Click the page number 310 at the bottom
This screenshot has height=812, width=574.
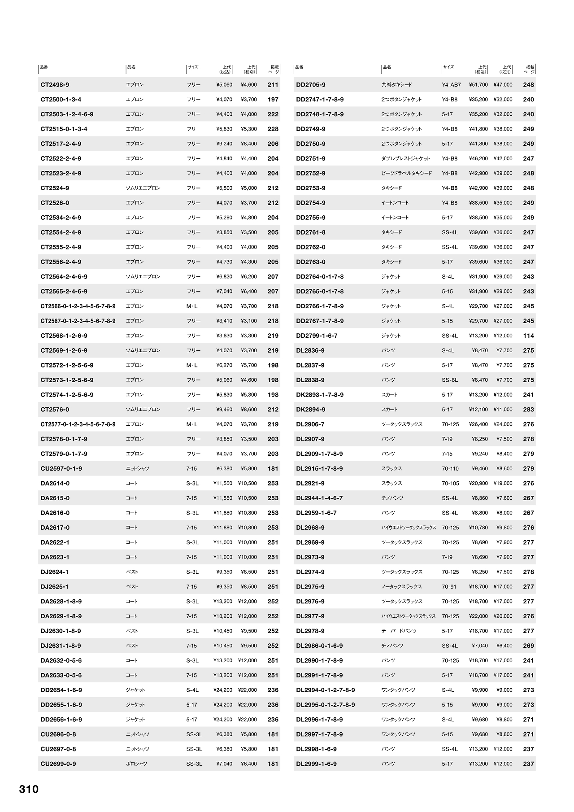pos(29,789)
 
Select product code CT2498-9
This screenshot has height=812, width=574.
pos(55,85)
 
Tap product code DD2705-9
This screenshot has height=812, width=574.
pos(311,85)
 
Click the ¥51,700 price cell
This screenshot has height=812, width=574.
pos(478,85)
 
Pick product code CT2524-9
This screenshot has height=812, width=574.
pos(55,188)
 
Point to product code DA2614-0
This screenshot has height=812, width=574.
pos(55,483)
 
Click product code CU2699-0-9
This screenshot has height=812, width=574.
pos(58,764)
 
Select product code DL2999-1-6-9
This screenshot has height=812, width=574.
pos(316,764)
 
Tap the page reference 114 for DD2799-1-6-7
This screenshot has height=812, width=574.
pos(528,336)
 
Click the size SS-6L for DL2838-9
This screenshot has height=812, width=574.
pos(449,380)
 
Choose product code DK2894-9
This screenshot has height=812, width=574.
pos(311,410)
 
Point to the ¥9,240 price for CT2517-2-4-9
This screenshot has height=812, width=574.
pos(224,144)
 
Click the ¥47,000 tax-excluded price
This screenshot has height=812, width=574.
pos(503,85)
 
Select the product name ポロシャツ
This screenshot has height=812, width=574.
pos(136,764)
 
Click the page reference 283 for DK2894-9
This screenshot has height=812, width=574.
pos(528,410)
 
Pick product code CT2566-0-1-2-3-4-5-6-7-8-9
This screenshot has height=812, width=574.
pos(78,306)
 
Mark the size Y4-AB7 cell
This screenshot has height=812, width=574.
pos(451,85)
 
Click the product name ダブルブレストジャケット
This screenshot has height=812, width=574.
pos(405,158)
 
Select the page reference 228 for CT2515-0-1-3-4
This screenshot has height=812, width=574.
pos(273,129)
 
